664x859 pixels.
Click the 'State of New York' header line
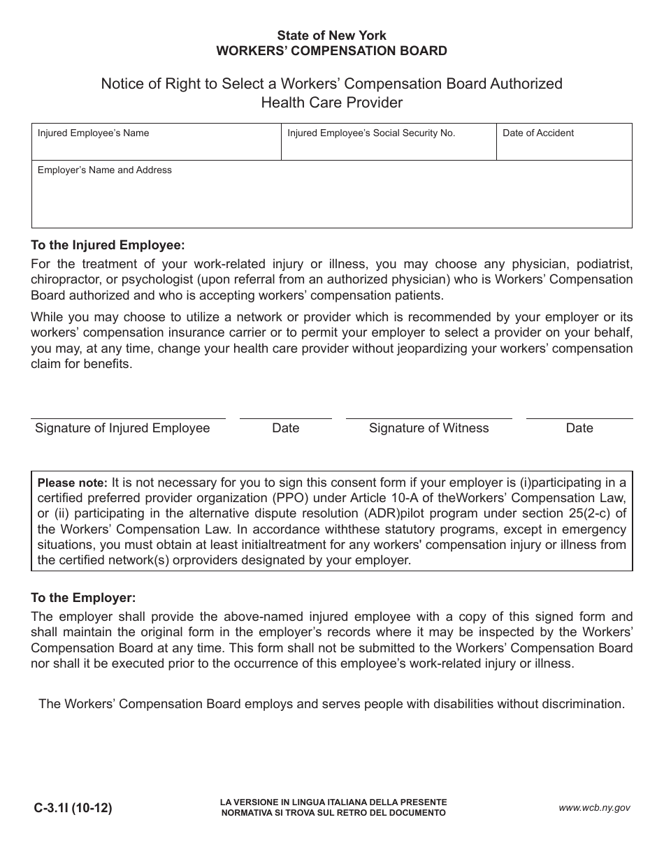coord(331,35)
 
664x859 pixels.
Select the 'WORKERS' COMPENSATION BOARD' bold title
coord(331,50)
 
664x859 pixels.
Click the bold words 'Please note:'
coord(72,483)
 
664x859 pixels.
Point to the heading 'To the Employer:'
coord(83,598)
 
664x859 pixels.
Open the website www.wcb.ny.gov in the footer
coord(594,808)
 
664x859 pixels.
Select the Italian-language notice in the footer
coord(333,808)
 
